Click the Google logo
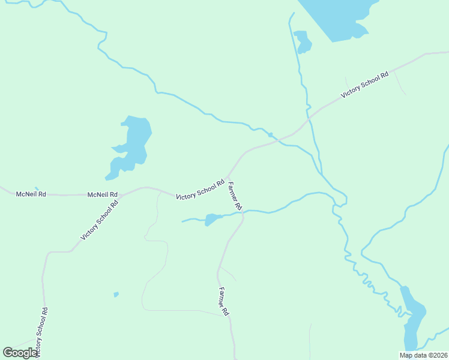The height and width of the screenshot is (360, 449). coord(20,353)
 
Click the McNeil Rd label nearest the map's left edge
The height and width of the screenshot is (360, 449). coord(31,194)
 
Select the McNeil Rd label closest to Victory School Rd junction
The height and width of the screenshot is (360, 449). coord(103,195)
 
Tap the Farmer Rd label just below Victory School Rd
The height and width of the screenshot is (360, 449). coord(235,196)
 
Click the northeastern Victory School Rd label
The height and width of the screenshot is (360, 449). coord(364,85)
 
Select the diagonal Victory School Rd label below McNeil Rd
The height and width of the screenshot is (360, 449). coord(100,220)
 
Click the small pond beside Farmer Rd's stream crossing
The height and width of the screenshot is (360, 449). coord(212,219)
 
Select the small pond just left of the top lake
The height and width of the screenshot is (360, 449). coord(302,40)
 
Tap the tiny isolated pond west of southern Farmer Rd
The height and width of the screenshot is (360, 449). coord(116,294)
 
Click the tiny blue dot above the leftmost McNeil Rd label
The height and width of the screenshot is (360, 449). coord(36,188)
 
